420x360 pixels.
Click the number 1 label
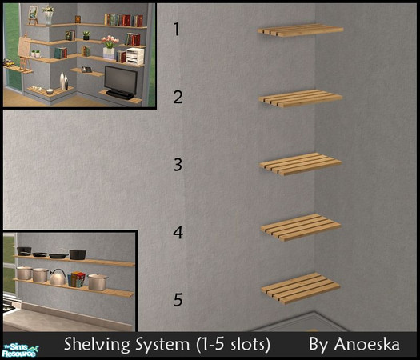pos(176,29)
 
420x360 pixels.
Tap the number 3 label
pos(178,165)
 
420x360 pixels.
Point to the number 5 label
pos(178,299)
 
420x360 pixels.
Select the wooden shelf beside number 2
pos(301,98)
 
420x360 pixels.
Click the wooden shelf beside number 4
pos(301,227)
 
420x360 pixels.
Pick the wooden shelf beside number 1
pos(300,30)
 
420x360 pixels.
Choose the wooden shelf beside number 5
pos(301,288)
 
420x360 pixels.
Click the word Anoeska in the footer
pos(366,344)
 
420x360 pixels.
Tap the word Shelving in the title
pos(97,345)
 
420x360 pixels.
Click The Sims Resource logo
pos(21,350)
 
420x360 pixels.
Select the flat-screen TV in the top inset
pos(120,82)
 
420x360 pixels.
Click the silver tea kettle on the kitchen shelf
pos(58,277)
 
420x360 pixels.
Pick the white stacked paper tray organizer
pos(135,57)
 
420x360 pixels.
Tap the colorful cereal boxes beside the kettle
pos(77,279)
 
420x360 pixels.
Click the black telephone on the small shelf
pos(86,69)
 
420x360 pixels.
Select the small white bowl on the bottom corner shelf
pos(50,91)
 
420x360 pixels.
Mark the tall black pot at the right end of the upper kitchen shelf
pos(78,254)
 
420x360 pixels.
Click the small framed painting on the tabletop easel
pos(34,13)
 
